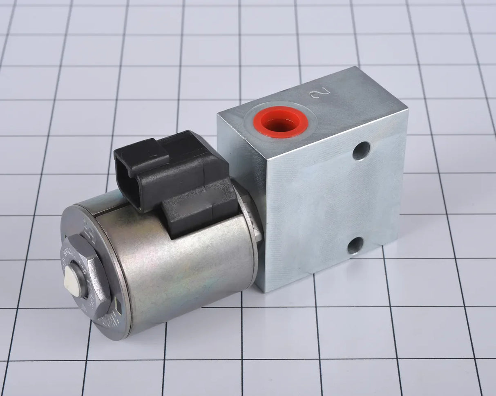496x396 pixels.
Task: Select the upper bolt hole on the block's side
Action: tap(361, 150)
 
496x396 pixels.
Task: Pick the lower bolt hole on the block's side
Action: tap(355, 245)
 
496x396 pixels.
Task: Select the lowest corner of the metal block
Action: tap(268, 291)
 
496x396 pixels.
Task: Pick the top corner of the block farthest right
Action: tap(407, 110)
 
